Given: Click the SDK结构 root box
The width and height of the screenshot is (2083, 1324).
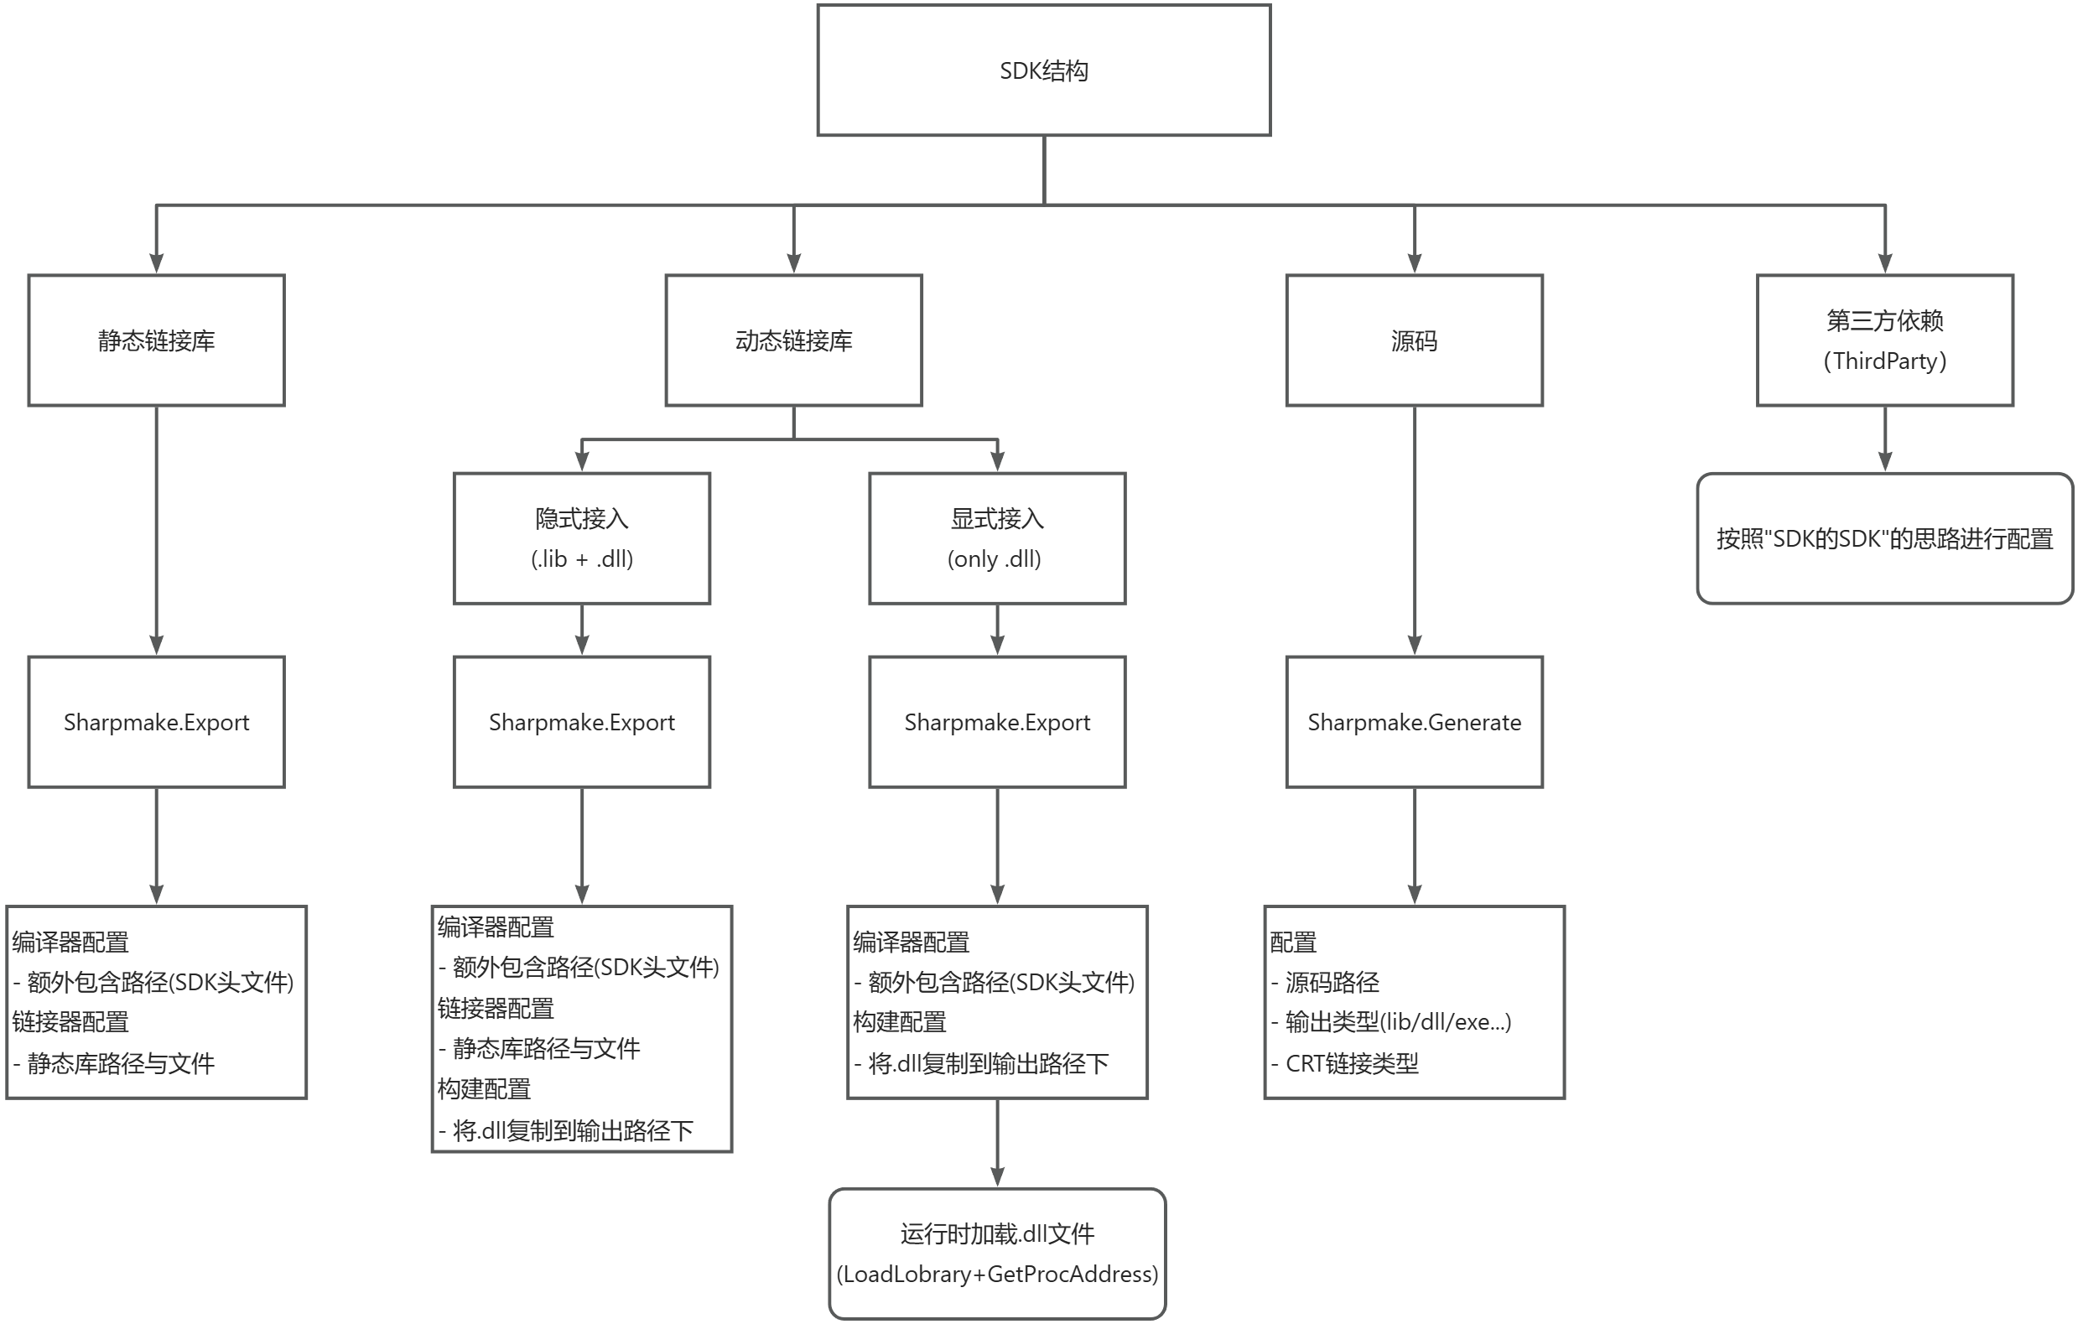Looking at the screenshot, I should coord(1043,70).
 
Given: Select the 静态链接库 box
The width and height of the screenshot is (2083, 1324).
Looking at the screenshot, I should coord(156,340).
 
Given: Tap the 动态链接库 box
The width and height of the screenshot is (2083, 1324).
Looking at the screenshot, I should coord(793,340).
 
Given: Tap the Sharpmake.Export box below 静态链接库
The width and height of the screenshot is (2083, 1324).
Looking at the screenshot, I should coord(156,721).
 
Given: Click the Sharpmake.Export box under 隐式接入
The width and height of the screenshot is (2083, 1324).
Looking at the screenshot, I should coord(581,721).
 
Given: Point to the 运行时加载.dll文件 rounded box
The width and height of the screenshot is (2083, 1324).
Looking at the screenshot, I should coord(996,1253).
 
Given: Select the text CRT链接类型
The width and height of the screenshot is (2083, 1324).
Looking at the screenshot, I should coord(1351,1064).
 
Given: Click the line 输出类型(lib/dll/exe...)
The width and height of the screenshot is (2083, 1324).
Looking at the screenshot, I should coord(1397,1022).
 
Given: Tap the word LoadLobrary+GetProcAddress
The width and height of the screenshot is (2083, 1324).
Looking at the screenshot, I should coord(996,1274).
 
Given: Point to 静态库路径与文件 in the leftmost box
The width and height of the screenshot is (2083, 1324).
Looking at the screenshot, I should coord(120,1064).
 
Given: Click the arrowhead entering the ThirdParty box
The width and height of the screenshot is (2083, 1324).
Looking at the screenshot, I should coord(1885,264).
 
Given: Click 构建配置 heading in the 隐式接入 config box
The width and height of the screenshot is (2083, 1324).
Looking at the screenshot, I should coord(484,1088).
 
